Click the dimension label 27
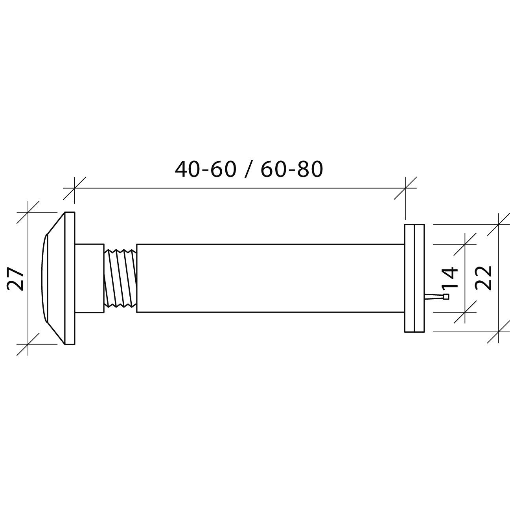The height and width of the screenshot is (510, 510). [x=16, y=278]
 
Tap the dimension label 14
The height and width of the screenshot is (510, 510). [x=449, y=278]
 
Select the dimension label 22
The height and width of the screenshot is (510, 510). [x=483, y=278]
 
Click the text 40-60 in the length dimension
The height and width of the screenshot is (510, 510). [x=205, y=169]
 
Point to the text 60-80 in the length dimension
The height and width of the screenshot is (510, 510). [x=291, y=169]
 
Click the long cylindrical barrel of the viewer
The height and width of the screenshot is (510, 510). [x=270, y=278]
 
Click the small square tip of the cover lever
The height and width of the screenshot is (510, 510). [x=446, y=297]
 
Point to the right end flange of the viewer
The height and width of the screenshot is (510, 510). [x=414, y=278]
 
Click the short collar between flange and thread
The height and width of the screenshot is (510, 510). [x=89, y=278]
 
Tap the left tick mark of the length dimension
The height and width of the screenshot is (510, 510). [x=74, y=188]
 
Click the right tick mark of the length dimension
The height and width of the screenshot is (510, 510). [x=405, y=188]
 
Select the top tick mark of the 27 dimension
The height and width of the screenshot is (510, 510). [x=28, y=212]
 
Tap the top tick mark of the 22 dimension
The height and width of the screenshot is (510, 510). [x=498, y=225]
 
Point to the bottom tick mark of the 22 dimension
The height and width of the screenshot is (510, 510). [x=498, y=332]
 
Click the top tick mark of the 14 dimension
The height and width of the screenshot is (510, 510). [x=465, y=244]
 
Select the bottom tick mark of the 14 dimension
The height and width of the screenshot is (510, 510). [x=465, y=312]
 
